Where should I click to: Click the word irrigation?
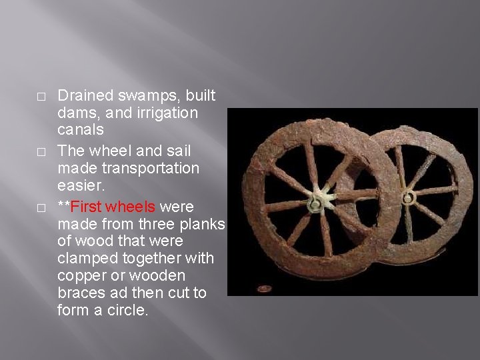[164, 113]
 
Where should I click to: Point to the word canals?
[81, 130]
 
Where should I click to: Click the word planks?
[201, 223]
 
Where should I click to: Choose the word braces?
[79, 293]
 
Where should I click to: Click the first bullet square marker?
[41, 97]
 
